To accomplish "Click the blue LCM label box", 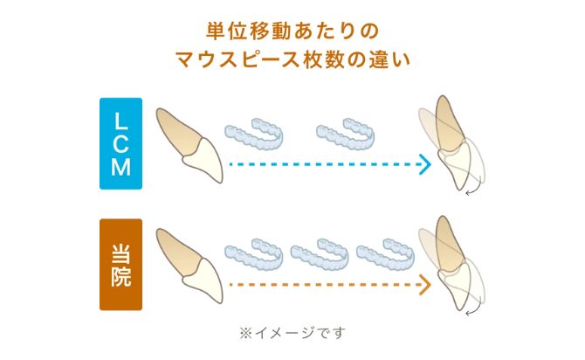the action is tap(120, 143).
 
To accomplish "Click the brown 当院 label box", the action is tap(120, 265).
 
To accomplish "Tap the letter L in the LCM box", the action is tap(120, 121).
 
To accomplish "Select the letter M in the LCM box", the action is tap(120, 167).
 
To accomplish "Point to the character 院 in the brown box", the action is tap(120, 277).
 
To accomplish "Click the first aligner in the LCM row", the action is tap(254, 134).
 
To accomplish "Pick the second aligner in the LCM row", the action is tap(345, 134).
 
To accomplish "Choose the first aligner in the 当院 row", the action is tap(254, 254).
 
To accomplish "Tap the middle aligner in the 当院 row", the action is tap(320, 254).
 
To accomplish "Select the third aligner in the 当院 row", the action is tap(385, 254).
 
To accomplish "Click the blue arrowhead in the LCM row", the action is tap(426, 164).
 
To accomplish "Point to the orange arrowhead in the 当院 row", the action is tap(426, 285).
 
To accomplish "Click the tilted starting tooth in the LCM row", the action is tap(189, 146).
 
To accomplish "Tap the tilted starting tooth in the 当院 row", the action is tap(189, 266).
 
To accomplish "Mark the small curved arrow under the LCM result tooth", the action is tap(473, 191).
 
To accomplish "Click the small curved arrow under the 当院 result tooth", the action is tap(473, 312).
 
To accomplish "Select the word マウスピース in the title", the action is tap(237, 59).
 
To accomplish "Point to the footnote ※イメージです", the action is tap(292, 332).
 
